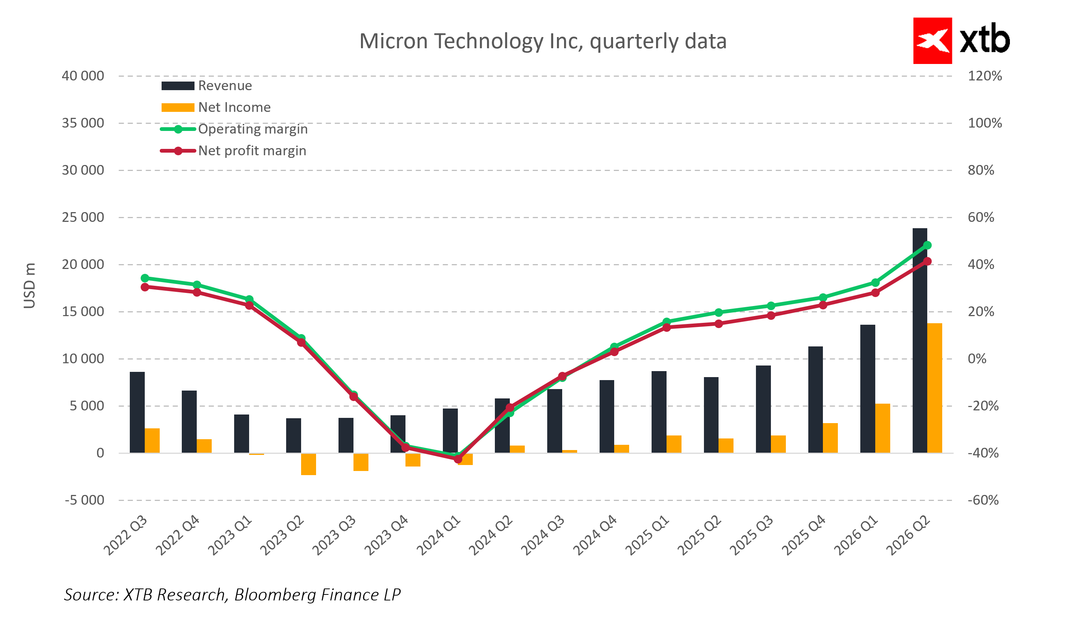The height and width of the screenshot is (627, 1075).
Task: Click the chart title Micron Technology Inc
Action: click(x=543, y=42)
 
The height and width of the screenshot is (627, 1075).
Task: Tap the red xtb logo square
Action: click(x=932, y=40)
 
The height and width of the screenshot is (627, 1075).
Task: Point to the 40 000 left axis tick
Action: click(x=83, y=76)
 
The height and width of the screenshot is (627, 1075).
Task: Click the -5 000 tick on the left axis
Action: click(x=85, y=500)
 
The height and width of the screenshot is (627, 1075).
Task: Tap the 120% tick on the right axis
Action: click(x=984, y=76)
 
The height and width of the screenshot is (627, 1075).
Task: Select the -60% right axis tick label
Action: click(x=983, y=500)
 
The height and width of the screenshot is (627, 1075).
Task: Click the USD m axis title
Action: click(x=30, y=286)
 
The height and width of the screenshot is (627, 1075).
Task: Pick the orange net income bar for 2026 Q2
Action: click(x=935, y=388)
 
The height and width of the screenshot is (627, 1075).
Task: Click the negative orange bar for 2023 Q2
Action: click(x=309, y=464)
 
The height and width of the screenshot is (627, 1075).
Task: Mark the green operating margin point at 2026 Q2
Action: click(x=927, y=245)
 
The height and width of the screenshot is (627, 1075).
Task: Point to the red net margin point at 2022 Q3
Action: click(x=145, y=287)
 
